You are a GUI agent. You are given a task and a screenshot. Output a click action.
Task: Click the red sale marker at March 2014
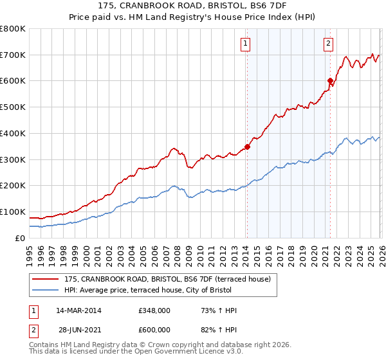pos(247,147)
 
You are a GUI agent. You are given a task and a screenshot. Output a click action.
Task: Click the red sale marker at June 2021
pos(330,81)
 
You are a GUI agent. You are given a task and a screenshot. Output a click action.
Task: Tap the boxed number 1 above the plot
pos(246,44)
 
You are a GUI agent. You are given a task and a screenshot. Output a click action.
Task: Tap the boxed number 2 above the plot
pos(328,44)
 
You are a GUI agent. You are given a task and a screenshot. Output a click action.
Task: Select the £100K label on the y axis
pos(13,212)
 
